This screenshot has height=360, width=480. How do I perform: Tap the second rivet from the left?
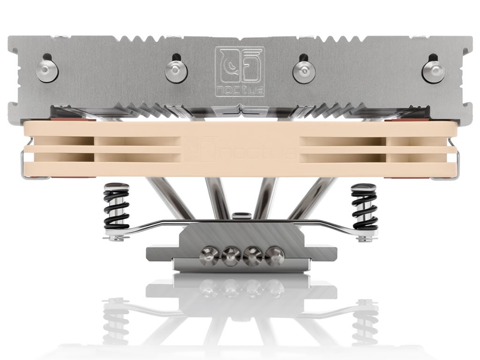click(176, 71)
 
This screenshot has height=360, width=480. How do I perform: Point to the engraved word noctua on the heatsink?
click(240, 91)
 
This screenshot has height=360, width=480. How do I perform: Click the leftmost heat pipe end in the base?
click(209, 256)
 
